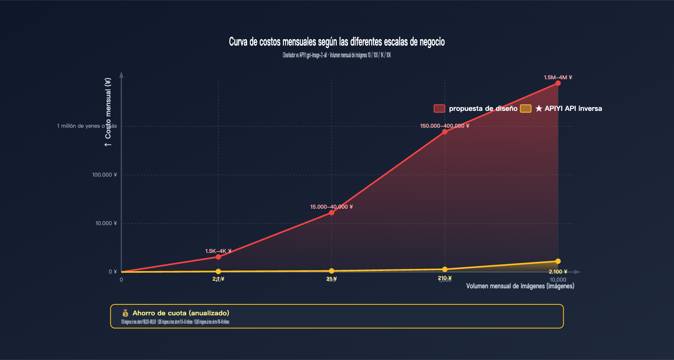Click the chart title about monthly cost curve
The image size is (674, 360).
click(337, 42)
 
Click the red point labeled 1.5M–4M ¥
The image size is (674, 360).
click(558, 83)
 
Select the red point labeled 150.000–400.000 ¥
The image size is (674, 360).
click(444, 132)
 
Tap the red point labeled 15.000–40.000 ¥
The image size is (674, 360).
click(332, 212)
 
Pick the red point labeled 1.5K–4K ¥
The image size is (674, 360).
click(218, 257)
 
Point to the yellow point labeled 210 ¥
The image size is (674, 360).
click(444, 269)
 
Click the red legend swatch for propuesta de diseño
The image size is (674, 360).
click(439, 108)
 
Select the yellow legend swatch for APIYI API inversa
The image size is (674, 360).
click(526, 108)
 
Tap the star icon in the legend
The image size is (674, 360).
click(539, 109)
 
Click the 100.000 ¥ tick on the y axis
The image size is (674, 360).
click(104, 175)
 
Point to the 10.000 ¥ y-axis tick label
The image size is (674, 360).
click(106, 223)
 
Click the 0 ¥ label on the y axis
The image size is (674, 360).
click(112, 272)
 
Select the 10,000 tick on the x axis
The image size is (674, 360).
click(558, 280)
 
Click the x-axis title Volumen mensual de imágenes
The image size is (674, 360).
click(520, 286)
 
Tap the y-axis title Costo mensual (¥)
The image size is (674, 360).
click(108, 112)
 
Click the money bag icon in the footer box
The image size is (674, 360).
click(125, 313)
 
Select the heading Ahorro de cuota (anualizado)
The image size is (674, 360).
click(181, 313)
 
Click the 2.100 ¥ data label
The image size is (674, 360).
click(558, 272)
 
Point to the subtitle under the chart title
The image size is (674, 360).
click(337, 55)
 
